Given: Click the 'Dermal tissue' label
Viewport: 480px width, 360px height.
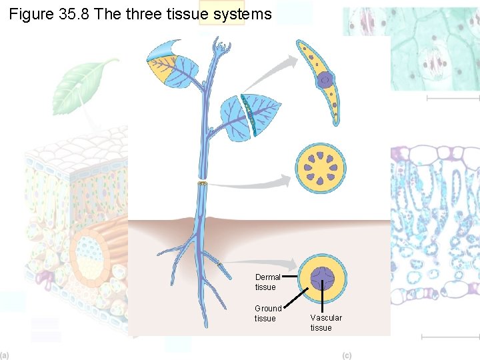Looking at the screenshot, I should pos(267,282).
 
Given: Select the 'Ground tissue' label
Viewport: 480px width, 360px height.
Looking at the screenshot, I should pos(268,313).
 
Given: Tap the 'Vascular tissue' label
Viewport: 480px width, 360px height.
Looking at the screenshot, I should pos(325,323).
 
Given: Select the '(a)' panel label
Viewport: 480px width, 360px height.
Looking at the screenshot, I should pos(5,355).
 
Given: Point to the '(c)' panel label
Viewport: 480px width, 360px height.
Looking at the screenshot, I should pos(347,355).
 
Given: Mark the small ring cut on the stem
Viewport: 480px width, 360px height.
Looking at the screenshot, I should pos(203,183).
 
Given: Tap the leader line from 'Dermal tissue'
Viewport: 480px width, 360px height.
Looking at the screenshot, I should pos(291,274).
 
